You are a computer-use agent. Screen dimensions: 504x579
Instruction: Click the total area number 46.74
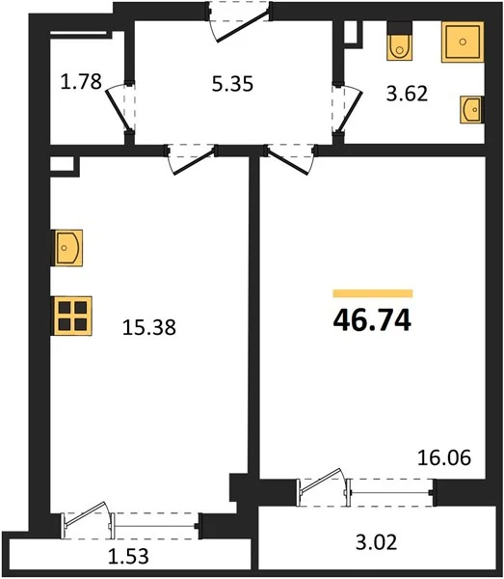pos(372,320)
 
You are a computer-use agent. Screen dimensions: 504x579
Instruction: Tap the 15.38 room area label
pos(149,327)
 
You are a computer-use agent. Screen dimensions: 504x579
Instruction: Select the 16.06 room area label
pos(444,457)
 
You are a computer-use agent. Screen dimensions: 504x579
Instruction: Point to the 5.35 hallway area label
pos(232,84)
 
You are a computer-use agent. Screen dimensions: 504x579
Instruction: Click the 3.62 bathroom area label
pos(407,94)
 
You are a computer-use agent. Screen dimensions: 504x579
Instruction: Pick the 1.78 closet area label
pos(81,82)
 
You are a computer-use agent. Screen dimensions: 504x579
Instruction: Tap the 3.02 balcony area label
pos(376,542)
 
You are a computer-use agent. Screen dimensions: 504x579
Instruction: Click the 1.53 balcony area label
pos(128,556)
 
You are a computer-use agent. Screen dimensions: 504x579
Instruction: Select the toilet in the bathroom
pos(399,41)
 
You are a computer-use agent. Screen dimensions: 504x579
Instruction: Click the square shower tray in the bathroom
pos(463,41)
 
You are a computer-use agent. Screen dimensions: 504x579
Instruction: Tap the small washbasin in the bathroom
pos(472,109)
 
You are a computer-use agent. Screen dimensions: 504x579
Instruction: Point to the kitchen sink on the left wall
pos(67,247)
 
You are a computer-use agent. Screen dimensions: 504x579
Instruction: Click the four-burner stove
pos(72,316)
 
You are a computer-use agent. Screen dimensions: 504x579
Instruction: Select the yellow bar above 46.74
pos(373,293)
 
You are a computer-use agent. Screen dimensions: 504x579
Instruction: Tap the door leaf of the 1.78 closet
pos(118,110)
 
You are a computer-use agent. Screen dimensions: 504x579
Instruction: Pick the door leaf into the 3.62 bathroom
pos(349,111)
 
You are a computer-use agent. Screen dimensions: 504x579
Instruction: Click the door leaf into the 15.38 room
pos(194,162)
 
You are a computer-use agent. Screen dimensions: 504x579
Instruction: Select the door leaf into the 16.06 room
pos(288,162)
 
